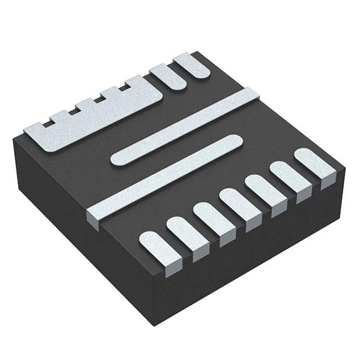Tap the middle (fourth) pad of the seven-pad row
tap(232, 202)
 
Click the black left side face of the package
tap(67, 225)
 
